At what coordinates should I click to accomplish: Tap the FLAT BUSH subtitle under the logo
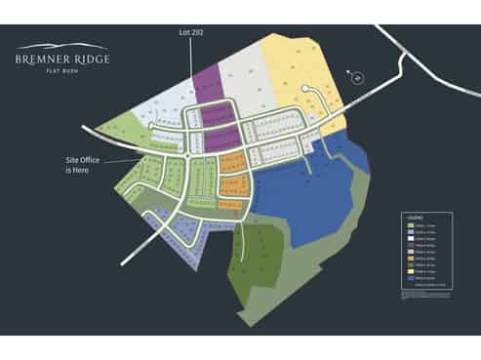pos(62,70)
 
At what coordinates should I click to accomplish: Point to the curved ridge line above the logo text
pos(62,46)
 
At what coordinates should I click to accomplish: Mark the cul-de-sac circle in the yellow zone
pos(307,90)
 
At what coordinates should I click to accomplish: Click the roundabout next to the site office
pos(185,156)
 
